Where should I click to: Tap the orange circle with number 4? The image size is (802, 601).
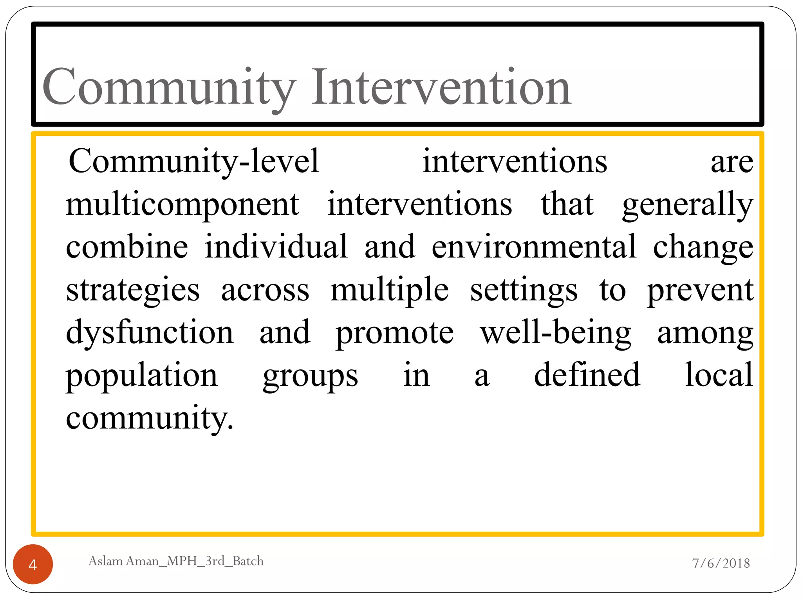[x=33, y=564]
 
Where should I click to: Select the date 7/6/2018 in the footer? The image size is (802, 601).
[x=721, y=563]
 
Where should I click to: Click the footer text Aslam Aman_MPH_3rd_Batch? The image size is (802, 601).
[x=176, y=561]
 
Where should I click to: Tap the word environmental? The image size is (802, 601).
[x=534, y=247]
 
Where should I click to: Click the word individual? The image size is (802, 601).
[x=276, y=247]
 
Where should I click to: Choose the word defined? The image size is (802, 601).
[x=587, y=375]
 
